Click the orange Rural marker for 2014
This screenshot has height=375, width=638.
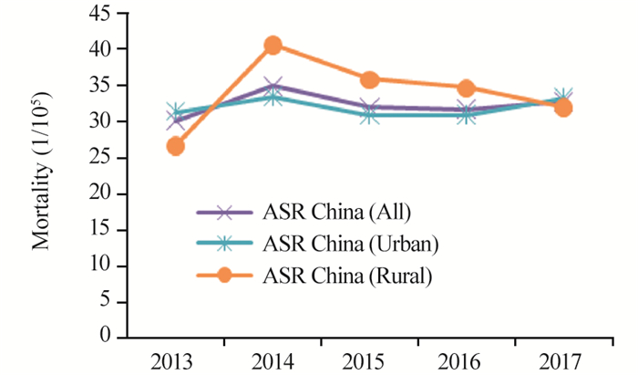coord(273,45)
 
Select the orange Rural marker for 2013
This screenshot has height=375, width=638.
coord(176,146)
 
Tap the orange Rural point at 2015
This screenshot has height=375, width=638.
coord(369,79)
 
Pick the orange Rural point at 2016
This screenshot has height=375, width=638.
coord(466,89)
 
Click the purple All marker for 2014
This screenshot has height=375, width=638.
coord(273,87)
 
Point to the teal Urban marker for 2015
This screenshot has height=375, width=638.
coord(369,115)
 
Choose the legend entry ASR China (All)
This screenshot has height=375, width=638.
coord(337,213)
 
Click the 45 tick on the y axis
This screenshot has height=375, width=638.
coord(115,15)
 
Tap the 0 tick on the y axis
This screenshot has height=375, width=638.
coord(120,339)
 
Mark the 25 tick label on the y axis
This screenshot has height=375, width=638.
coord(115,159)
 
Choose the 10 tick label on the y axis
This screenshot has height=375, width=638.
coord(115,266)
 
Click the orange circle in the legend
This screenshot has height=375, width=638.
coord(226,273)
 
